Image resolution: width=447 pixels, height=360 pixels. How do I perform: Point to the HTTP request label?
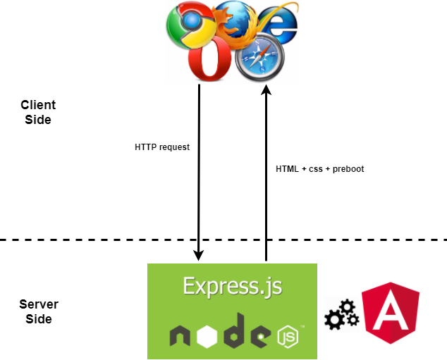pos(162,148)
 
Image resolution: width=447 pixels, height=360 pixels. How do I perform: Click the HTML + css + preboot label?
pos(319,169)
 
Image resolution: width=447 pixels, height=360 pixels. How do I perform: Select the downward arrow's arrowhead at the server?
pos(200,254)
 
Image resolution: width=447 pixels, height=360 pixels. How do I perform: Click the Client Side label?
pos(38,113)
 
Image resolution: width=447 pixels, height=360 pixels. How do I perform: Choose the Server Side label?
pos(39,312)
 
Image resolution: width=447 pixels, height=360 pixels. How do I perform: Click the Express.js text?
pos(232,285)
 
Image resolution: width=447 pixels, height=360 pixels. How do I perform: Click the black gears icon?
pos(341,316)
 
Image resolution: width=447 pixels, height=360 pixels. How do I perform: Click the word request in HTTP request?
pos(174,148)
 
